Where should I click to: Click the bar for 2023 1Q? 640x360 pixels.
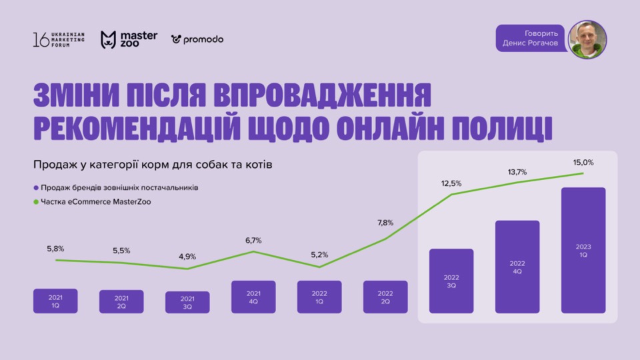(583, 250)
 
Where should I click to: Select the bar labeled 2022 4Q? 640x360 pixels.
(517, 267)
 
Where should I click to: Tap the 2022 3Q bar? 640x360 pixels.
(451, 281)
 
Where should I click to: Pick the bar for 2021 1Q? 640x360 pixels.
(55, 301)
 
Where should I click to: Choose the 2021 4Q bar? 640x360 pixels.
(253, 297)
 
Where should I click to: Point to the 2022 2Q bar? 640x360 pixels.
(385, 297)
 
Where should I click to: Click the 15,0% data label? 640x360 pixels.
(583, 162)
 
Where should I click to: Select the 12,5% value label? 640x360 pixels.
(451, 183)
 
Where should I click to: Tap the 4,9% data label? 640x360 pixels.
(187, 257)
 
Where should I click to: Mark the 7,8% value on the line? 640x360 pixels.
(385, 223)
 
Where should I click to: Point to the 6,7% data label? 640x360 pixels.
(253, 240)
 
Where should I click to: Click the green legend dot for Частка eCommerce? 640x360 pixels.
(35, 201)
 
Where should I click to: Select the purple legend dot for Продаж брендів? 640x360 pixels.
(35, 187)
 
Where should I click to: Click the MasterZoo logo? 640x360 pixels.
(129, 39)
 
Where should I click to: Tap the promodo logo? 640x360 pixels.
(197, 39)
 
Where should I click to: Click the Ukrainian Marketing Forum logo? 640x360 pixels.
(59, 39)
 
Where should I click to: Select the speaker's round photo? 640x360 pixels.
(587, 39)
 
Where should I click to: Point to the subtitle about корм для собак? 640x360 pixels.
(152, 165)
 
